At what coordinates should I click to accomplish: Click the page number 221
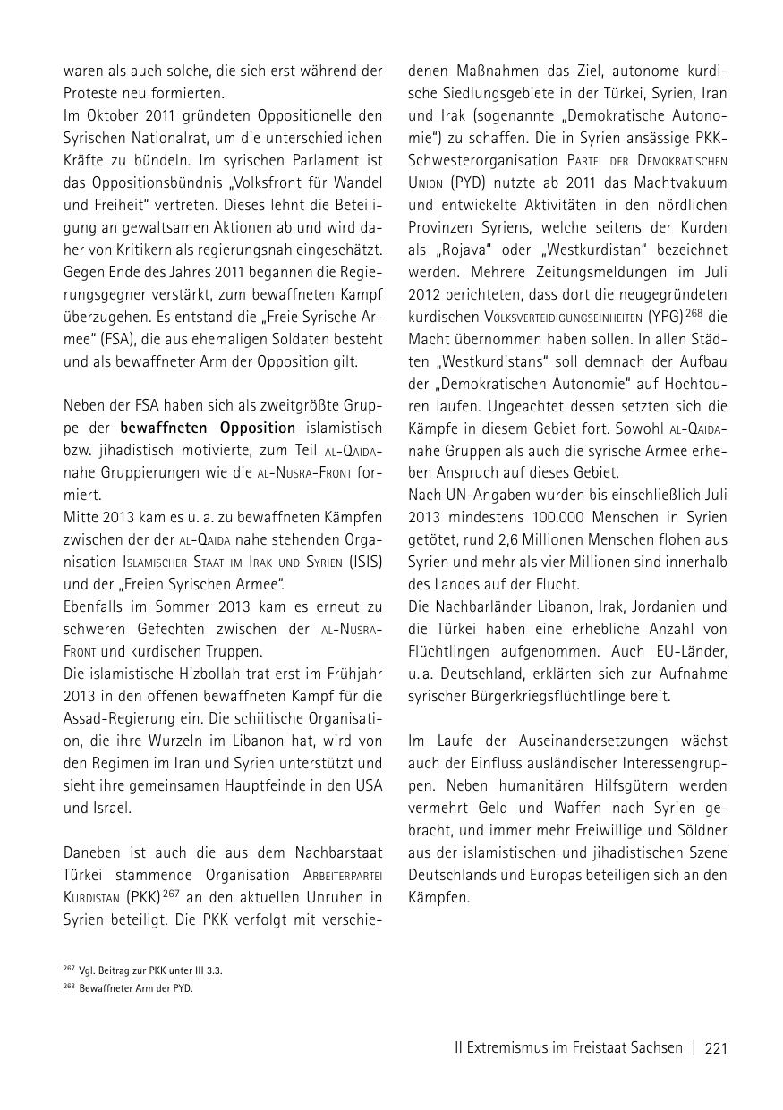click(x=716, y=1047)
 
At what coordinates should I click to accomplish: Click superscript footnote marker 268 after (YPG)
click(x=694, y=312)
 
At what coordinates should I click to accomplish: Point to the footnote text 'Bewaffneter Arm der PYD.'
click(x=136, y=988)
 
